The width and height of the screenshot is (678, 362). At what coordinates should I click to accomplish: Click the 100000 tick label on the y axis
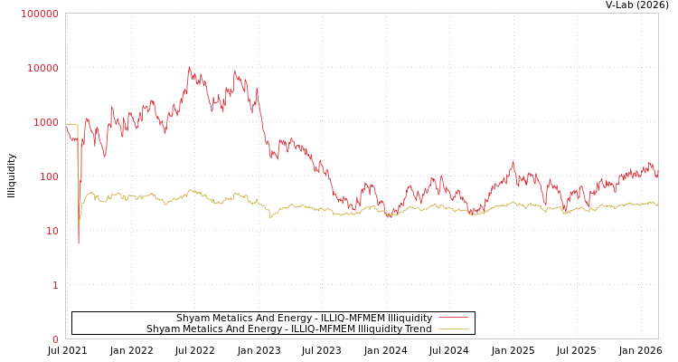click(40, 14)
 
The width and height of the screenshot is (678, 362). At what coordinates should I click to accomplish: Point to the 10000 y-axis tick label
click(42, 68)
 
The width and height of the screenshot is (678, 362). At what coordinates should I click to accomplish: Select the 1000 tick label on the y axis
click(45, 122)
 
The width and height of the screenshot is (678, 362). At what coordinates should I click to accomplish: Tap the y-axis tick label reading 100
click(48, 176)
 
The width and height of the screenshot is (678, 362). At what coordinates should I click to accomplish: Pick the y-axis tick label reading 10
click(51, 231)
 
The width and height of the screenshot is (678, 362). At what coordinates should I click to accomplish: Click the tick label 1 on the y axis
click(54, 285)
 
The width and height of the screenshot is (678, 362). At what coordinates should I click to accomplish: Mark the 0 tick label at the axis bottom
click(54, 339)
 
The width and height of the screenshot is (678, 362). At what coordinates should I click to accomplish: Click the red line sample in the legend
click(453, 318)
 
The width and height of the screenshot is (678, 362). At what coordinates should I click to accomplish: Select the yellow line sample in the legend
click(453, 329)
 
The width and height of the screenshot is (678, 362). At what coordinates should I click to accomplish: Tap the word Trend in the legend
click(418, 329)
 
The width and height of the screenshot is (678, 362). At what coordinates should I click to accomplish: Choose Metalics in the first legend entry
click(231, 318)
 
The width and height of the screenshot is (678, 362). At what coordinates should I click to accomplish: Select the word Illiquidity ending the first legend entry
click(410, 318)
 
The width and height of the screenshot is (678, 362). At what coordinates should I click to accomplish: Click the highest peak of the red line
click(189, 67)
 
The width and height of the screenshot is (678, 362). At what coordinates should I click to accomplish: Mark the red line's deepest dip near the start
click(78, 243)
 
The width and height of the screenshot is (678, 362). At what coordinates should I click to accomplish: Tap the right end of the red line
click(657, 174)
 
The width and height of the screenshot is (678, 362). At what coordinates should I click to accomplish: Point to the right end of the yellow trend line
click(657, 205)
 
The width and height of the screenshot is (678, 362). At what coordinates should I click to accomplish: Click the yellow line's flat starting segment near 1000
click(71, 125)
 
